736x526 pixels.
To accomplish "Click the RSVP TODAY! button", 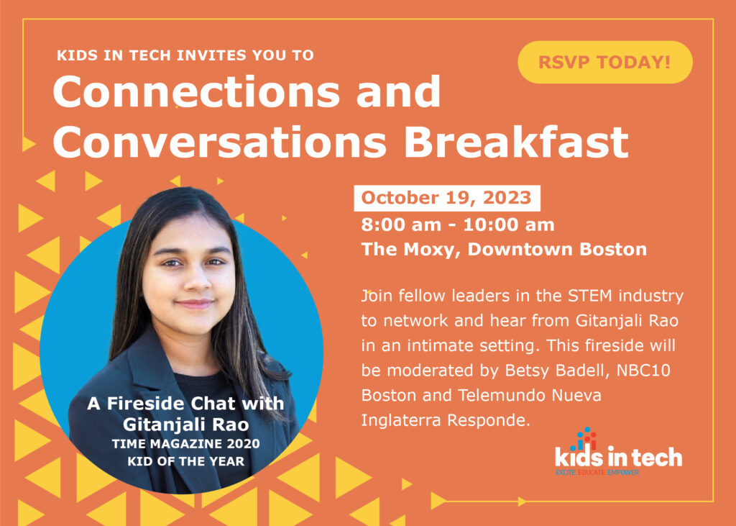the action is [x=604, y=63].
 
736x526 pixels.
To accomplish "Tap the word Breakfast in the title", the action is [x=516, y=142].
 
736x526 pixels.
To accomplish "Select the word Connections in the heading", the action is [x=196, y=92].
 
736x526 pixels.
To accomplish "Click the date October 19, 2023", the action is [x=446, y=198].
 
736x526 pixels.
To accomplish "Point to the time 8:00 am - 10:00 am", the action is [x=458, y=225].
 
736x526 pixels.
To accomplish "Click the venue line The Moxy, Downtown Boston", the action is [x=504, y=249].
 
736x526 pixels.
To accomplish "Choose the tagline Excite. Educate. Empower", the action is [x=597, y=472].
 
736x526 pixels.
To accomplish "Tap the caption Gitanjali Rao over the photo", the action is [x=186, y=425].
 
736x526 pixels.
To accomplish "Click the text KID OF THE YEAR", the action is [x=186, y=461].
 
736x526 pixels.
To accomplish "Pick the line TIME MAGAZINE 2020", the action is [x=186, y=443].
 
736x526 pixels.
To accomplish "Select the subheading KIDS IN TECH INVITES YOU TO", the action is [x=185, y=55].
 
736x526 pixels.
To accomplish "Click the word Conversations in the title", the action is [x=220, y=142].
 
